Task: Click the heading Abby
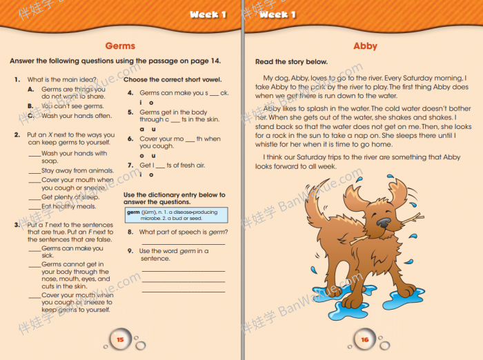pyautogui.click(x=365, y=46)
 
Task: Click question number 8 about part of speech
pyautogui.click(x=130, y=232)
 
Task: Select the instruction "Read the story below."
pyautogui.click(x=291, y=62)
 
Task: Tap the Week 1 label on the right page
pyautogui.click(x=277, y=14)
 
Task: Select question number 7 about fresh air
pyautogui.click(x=130, y=165)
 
